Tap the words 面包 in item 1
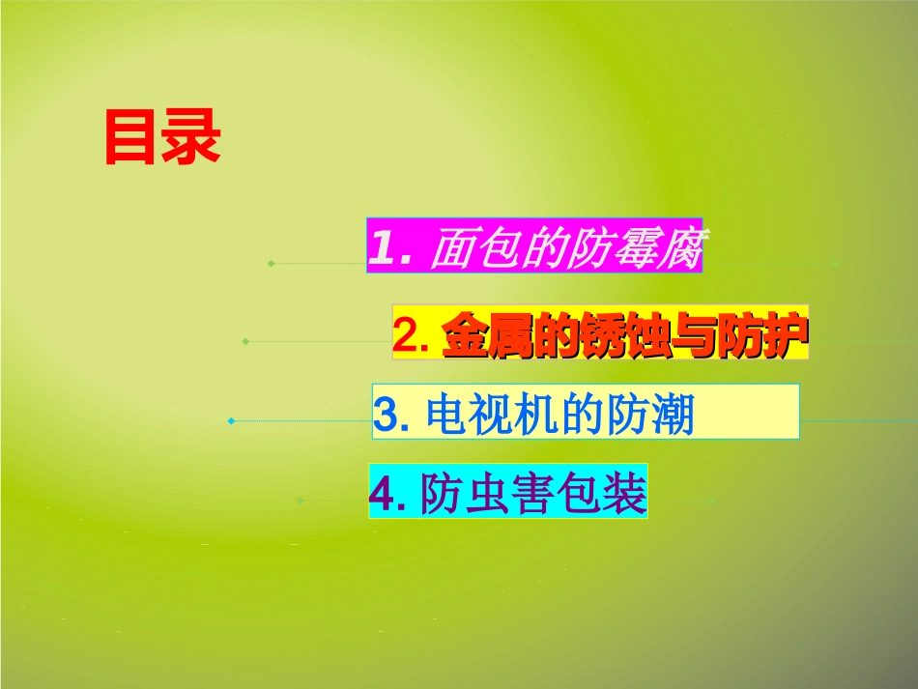pos(466,250)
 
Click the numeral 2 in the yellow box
pos(406,335)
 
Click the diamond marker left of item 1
pos(271,263)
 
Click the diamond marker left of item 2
pos(246,341)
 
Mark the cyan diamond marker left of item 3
pos(231,420)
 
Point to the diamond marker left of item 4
pos(300,501)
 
